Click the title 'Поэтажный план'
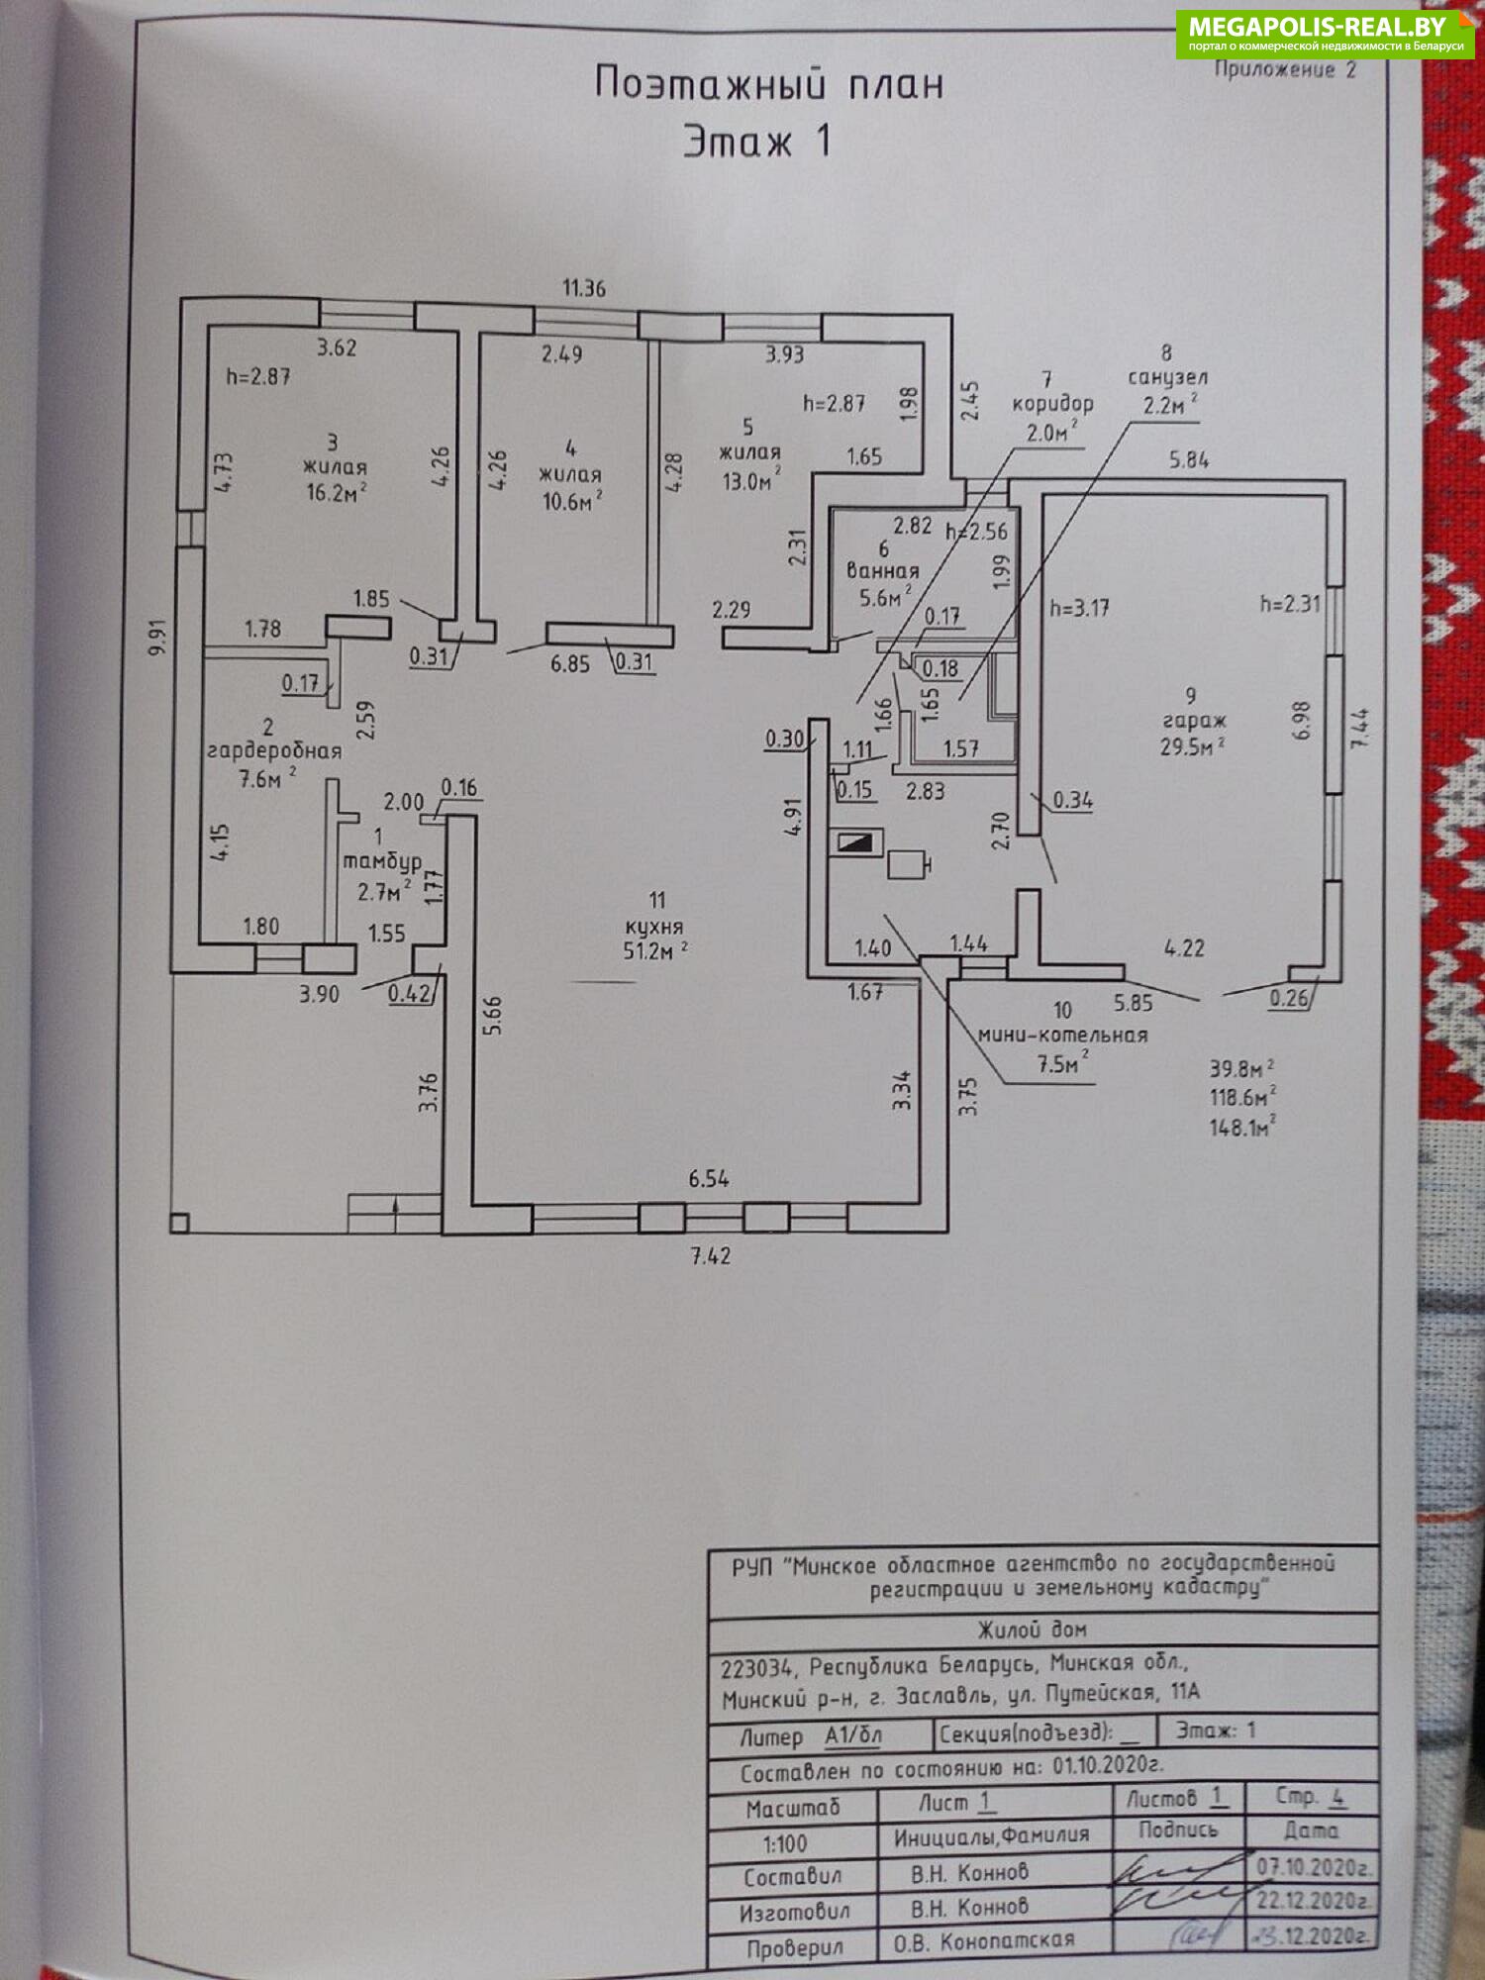click(x=768, y=84)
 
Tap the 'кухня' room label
click(x=653, y=927)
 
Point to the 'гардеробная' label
click(x=274, y=751)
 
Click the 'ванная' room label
click(x=882, y=572)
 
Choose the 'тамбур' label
click(x=383, y=861)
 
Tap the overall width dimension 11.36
click(x=584, y=289)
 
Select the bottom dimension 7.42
click(x=710, y=1257)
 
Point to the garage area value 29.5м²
click(x=1193, y=747)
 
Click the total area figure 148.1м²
click(x=1241, y=1127)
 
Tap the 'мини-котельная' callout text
click(x=1062, y=1036)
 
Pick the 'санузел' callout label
click(x=1168, y=378)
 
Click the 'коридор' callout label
click(x=1052, y=404)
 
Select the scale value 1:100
click(x=785, y=1844)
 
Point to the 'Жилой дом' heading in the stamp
click(x=1032, y=1630)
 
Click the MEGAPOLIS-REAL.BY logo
click(x=1325, y=34)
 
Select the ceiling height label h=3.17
click(x=1079, y=608)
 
